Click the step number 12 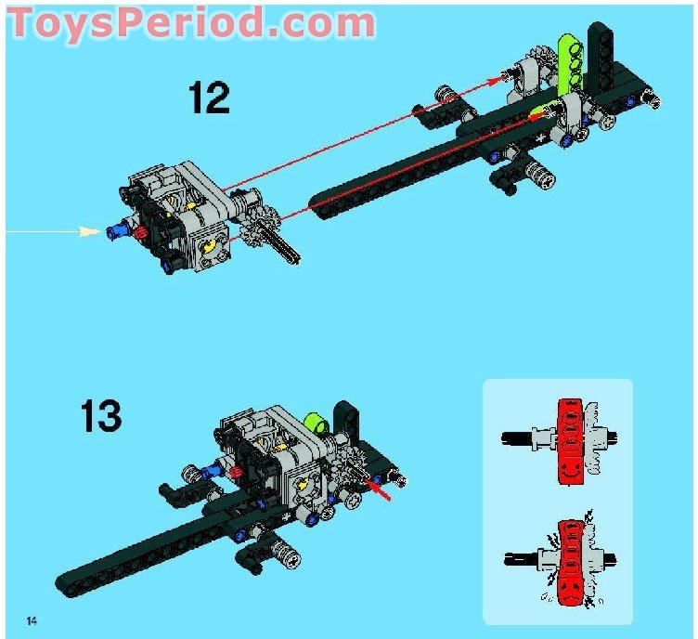point(209,97)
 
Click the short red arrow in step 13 point(379,487)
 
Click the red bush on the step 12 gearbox point(142,231)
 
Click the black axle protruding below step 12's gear point(282,249)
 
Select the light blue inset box point(557,502)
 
